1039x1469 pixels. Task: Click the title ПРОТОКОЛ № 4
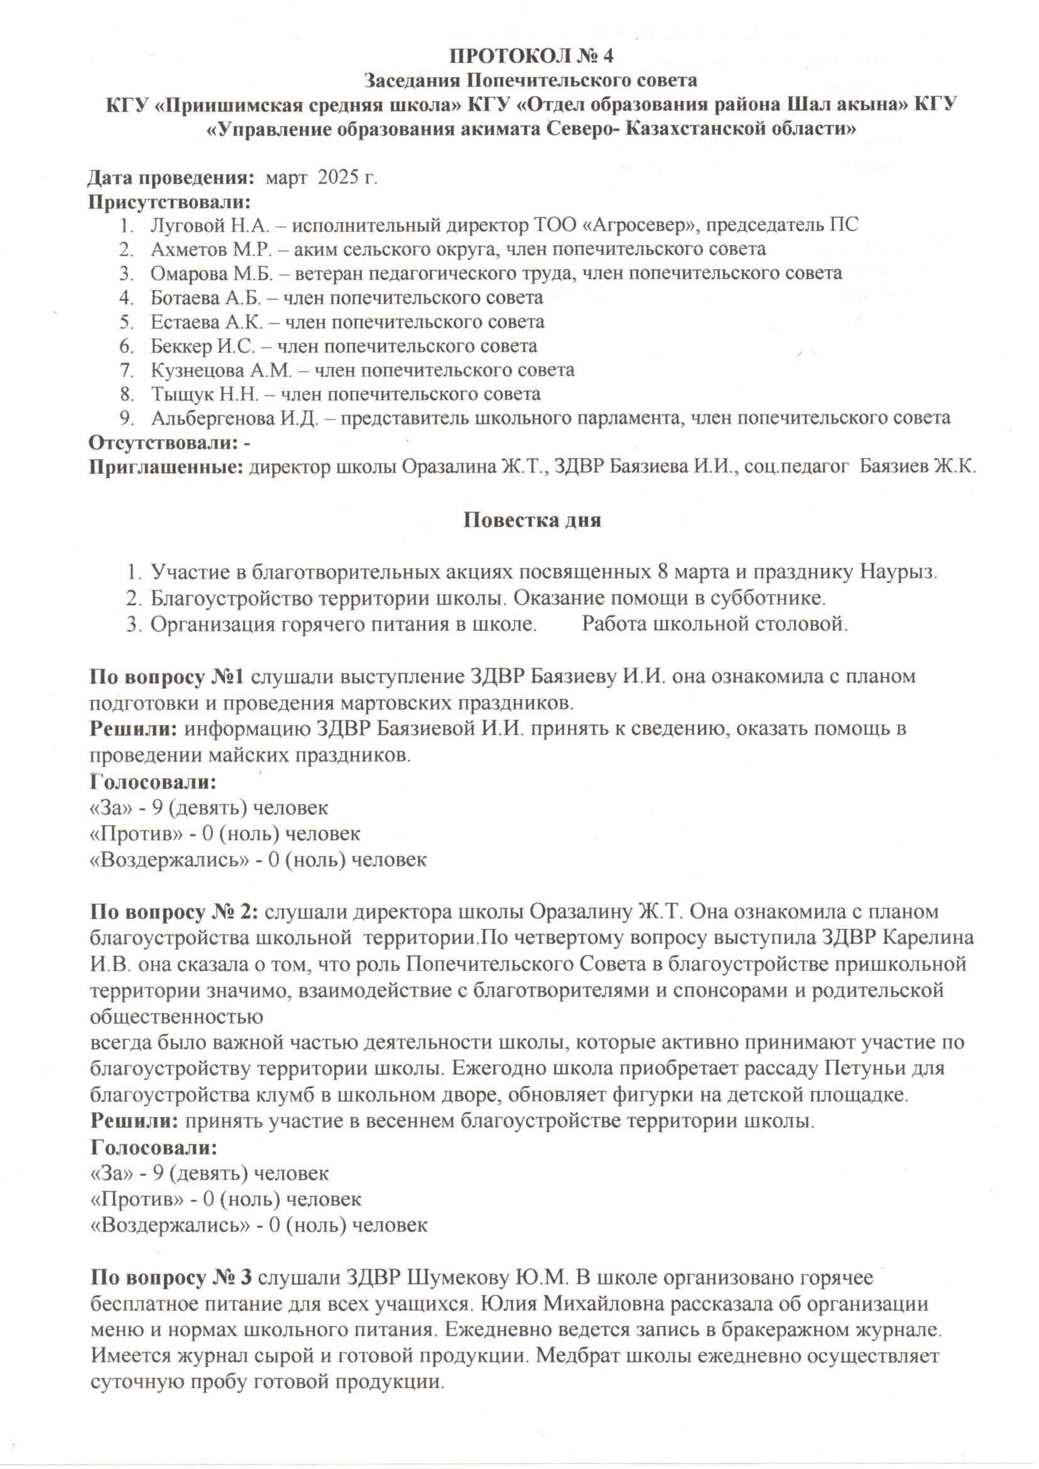click(531, 57)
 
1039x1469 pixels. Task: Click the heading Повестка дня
click(531, 520)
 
